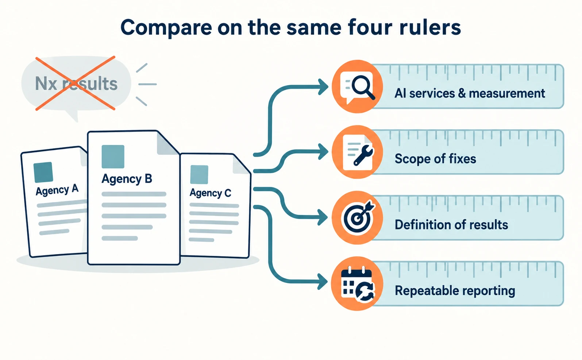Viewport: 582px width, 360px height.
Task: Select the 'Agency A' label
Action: [57, 190]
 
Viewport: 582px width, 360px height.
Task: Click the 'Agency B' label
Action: [127, 179]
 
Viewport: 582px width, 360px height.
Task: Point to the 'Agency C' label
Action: [211, 193]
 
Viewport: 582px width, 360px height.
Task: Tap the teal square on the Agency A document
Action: [43, 172]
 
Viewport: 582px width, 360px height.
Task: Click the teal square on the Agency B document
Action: [113, 157]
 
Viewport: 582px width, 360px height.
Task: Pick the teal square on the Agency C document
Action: [199, 175]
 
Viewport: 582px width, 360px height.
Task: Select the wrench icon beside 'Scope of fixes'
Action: [363, 155]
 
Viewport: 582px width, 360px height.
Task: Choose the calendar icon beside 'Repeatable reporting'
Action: [358, 284]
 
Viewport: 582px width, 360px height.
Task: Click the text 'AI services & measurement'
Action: [470, 93]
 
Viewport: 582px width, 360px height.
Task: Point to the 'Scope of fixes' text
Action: [435, 158]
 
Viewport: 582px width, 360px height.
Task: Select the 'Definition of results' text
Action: [451, 225]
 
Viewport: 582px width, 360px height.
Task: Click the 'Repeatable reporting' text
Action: [455, 291]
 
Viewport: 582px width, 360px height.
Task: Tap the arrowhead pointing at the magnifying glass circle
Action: [324, 87]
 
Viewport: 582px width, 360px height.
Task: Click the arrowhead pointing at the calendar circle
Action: [323, 282]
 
